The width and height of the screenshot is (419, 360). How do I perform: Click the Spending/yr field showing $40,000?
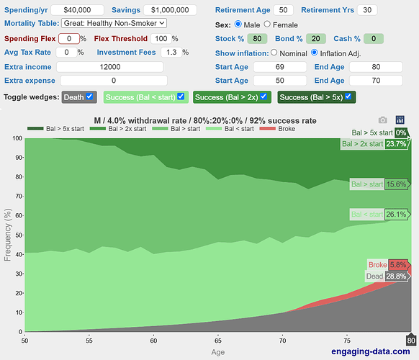pos(77,10)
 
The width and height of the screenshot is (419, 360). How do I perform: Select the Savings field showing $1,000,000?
pos(170,10)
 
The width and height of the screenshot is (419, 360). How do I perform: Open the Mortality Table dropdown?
pos(114,23)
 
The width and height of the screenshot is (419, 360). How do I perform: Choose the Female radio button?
pos(267,24)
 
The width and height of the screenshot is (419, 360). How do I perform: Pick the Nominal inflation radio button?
pos(274,53)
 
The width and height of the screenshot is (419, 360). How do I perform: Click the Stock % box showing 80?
pos(257,39)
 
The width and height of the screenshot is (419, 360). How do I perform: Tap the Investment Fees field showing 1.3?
pos(171,52)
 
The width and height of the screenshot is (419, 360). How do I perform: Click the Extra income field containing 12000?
pos(110,67)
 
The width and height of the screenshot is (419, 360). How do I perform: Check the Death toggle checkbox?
pos(90,96)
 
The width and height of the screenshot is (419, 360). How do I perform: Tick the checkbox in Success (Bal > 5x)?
pos(348,96)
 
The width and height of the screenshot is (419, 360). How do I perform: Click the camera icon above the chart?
pos(383,120)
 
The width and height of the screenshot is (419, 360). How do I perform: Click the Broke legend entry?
pos(277,129)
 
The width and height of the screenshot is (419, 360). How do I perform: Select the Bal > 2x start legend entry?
pos(118,129)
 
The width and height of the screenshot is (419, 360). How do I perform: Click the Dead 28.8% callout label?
pos(387,276)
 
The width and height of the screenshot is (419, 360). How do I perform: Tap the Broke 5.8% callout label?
pos(388,265)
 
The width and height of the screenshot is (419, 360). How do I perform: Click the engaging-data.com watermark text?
pos(371,351)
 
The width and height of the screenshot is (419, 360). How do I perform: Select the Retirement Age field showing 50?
pos(283,10)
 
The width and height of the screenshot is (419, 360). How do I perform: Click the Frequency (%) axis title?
pos(8,235)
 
